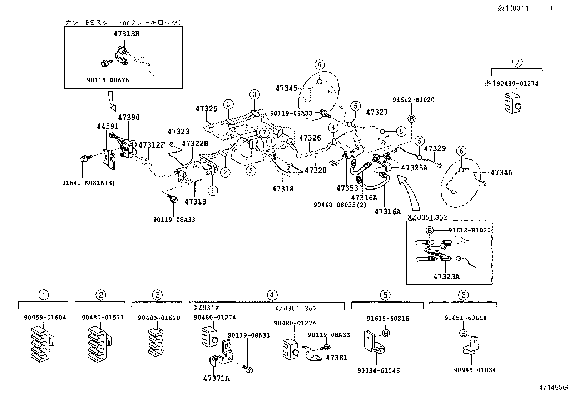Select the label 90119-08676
coord(108,80)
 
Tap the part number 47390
coord(129,118)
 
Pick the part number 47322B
coord(195,143)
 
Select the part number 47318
coord(283,188)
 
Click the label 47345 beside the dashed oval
coord(286,88)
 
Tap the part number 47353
coord(347,188)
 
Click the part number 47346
coord(501,173)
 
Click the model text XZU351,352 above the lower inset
coord(427,217)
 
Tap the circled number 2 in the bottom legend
coord(101,295)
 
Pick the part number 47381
coord(336,358)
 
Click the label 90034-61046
coord(378,371)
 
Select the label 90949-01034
coord(475,370)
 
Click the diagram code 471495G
coord(553,387)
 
